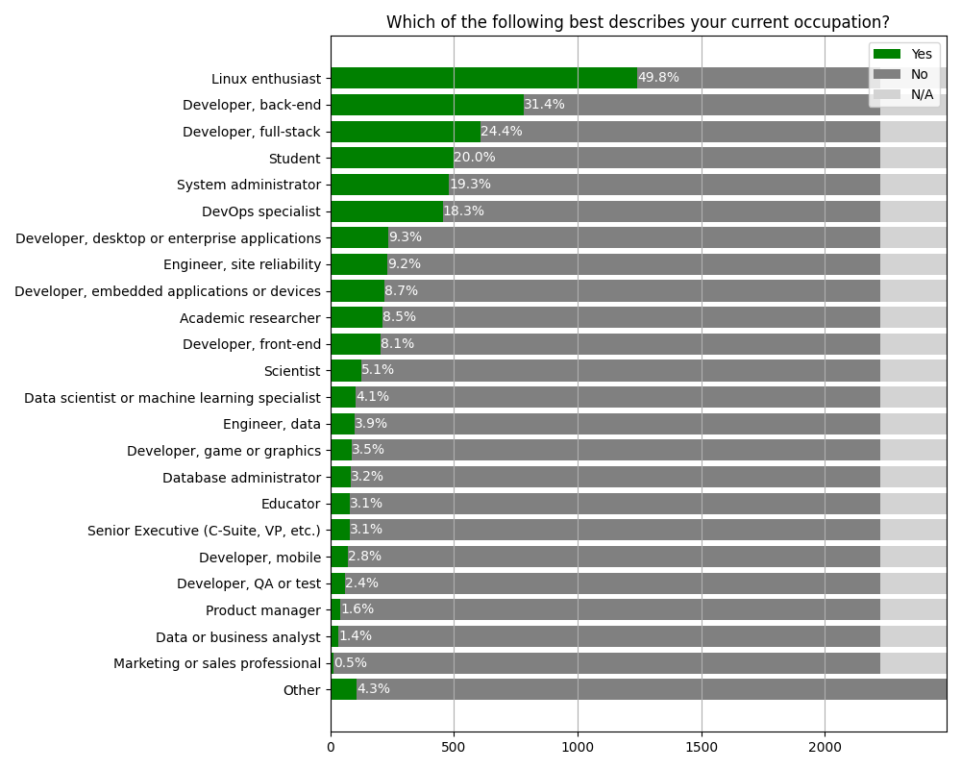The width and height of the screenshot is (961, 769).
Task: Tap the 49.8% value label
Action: (x=658, y=78)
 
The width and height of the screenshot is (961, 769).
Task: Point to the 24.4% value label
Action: (x=501, y=132)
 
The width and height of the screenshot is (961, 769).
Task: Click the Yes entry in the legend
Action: (x=922, y=54)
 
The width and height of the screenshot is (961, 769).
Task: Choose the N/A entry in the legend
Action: (x=922, y=94)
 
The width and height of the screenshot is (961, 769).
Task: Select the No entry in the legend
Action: (x=920, y=74)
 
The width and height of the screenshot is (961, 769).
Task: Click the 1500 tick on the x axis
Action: (x=702, y=745)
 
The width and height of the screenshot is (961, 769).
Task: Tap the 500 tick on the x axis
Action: (x=454, y=745)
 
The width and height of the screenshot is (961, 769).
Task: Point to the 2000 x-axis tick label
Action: (x=825, y=745)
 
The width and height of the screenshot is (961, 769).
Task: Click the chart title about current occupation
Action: (x=637, y=22)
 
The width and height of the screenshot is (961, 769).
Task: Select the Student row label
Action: (x=294, y=159)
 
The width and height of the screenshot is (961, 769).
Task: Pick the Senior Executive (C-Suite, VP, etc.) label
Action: (x=204, y=531)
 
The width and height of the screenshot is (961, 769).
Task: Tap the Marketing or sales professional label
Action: (x=217, y=663)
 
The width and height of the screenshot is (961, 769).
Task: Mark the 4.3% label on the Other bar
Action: (x=373, y=689)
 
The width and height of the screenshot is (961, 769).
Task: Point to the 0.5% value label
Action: (x=350, y=662)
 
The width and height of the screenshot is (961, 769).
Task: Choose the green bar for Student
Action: (x=392, y=159)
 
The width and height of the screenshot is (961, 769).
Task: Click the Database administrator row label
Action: (x=241, y=478)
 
